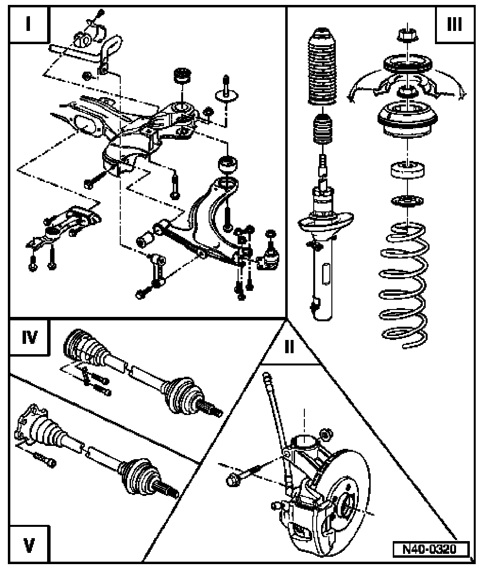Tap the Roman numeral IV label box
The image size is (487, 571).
point(29,338)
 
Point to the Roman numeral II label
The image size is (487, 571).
point(289,347)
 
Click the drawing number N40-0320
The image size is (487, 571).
point(430,548)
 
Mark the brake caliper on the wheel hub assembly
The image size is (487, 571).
point(302,520)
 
